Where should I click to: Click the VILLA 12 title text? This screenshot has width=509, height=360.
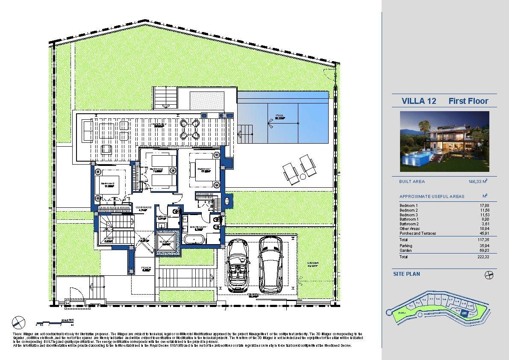coord(419,101)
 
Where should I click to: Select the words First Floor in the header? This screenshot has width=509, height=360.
coord(468,101)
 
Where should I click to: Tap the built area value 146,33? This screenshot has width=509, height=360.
coord(476,182)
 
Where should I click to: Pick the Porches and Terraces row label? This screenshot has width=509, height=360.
coord(418,233)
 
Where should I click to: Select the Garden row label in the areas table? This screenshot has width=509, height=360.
coord(406,251)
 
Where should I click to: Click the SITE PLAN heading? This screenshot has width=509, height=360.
coord(406,274)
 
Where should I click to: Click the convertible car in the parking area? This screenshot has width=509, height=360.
coord(238,265)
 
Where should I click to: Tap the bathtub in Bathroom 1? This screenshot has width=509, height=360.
coord(194,239)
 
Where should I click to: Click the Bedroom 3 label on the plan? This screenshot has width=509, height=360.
coord(107,184)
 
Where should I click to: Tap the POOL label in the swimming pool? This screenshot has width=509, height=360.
coord(280,116)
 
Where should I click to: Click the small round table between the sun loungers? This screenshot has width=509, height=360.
coord(303,176)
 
